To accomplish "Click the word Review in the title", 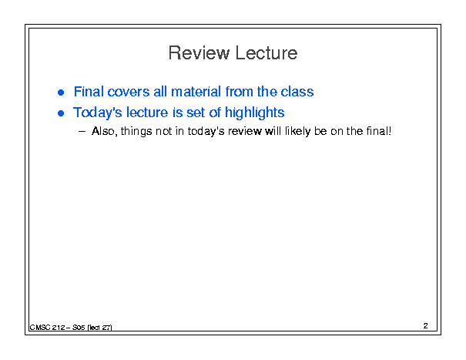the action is point(199,53).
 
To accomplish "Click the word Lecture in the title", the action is point(267,53).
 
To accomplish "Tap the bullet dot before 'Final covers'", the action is point(61,93).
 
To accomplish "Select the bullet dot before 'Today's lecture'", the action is point(61,113).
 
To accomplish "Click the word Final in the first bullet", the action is point(89,91).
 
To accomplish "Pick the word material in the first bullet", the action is point(196,91).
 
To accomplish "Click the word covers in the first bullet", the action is point(129,93).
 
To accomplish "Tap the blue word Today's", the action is point(98,113).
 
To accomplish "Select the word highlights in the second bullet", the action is point(255,113).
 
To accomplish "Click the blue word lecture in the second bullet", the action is point(147,113).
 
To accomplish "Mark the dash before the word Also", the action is point(82,132).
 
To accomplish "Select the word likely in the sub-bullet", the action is point(298,132).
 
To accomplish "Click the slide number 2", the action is point(426,326).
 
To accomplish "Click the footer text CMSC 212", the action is point(47,328).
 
